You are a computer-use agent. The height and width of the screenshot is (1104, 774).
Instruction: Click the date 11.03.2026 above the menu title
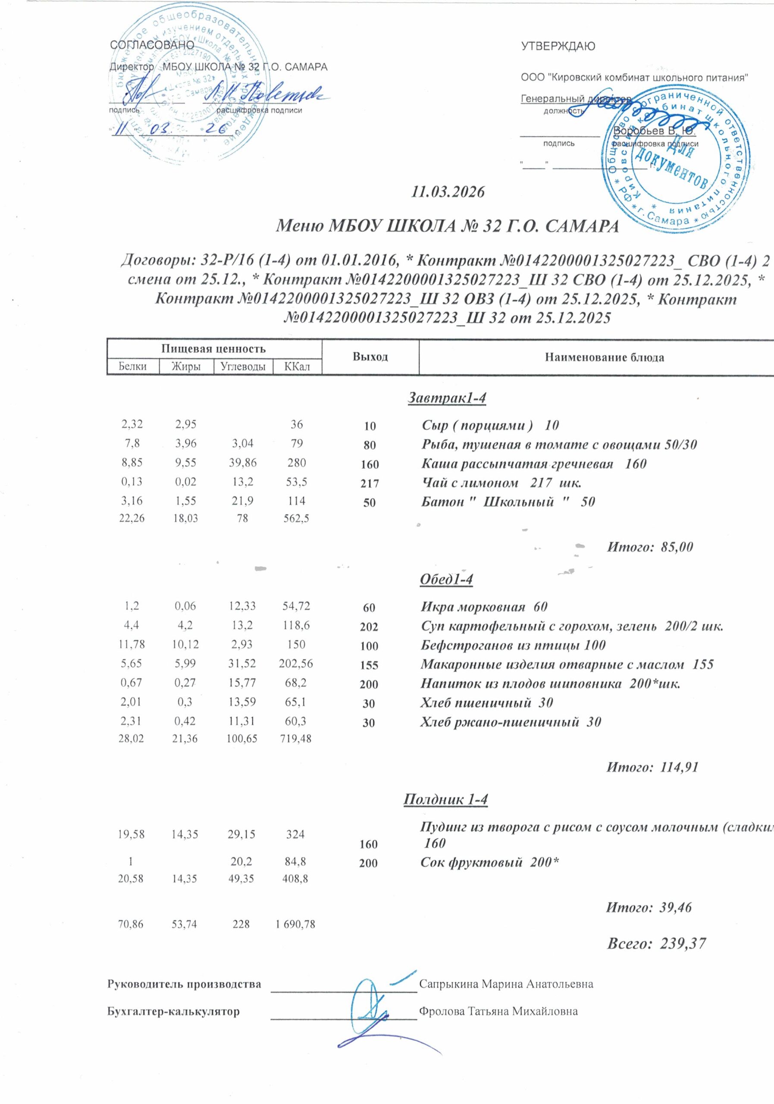(x=448, y=192)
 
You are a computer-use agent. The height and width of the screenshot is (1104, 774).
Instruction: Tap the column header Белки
(x=133, y=367)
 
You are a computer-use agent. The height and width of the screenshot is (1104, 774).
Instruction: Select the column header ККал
(x=297, y=367)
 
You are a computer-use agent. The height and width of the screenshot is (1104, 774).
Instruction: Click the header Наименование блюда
(x=604, y=357)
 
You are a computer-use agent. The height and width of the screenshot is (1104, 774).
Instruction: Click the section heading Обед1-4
(x=446, y=580)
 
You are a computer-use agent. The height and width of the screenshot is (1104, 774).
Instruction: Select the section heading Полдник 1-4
(x=446, y=799)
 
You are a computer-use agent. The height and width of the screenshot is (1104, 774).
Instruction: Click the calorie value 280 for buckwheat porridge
(x=297, y=463)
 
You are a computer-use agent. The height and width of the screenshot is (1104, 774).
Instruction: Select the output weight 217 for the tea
(x=369, y=484)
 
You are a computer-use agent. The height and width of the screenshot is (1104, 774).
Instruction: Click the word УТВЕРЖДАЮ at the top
(x=558, y=47)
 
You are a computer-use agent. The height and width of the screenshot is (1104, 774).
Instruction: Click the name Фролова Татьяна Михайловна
(x=498, y=1011)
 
